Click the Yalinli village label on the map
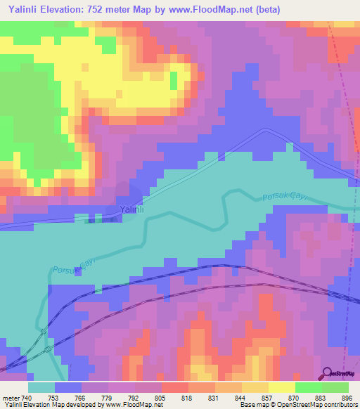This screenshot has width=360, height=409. pos(131,209)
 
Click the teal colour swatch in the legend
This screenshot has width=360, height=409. pos(41,387)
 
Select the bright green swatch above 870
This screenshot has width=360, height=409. pos(309,387)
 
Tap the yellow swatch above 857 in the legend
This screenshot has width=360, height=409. pos(255,387)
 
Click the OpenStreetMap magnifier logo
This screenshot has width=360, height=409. pos(328,373)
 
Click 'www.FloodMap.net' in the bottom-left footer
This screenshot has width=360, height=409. pos(131,405)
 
